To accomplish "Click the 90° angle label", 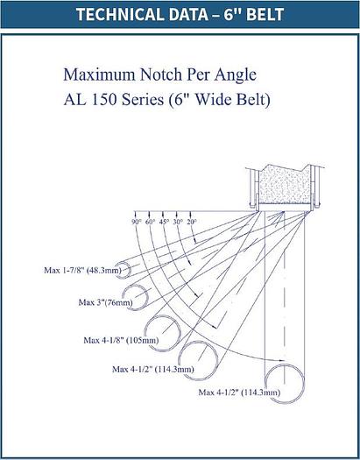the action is click(x=136, y=222).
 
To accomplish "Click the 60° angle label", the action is click(x=150, y=222).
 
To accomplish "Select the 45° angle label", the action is click(x=164, y=222).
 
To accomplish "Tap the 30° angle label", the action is click(x=178, y=222).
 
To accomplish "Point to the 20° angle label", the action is click(x=192, y=222).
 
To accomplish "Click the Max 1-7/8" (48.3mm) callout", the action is click(x=82, y=270).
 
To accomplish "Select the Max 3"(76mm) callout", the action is click(x=105, y=302).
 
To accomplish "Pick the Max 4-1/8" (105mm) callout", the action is click(x=121, y=340).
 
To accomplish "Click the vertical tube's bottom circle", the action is click(x=265, y=383).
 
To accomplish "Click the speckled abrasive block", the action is click(x=285, y=185).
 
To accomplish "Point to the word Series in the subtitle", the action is click(x=143, y=100).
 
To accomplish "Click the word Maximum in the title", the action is click(x=99, y=74).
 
